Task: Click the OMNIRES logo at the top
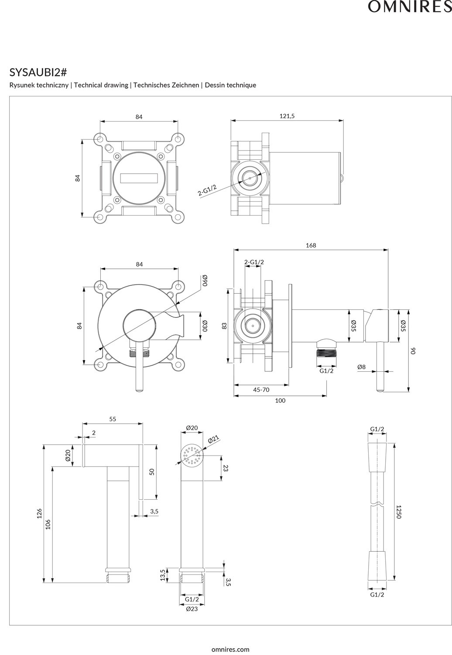click(410, 7)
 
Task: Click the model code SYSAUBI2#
click(38, 72)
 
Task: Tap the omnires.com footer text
click(230, 649)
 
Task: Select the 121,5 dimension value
click(287, 116)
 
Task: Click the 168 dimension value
click(311, 245)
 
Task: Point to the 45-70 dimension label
click(261, 390)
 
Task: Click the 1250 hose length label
click(398, 511)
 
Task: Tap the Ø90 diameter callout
click(204, 281)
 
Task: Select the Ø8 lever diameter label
click(361, 367)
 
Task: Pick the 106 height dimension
click(48, 525)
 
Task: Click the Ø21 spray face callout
click(213, 439)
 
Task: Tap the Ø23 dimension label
click(192, 608)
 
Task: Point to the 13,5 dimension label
click(163, 575)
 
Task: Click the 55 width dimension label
click(113, 419)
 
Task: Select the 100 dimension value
click(280, 400)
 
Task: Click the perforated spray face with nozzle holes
click(192, 456)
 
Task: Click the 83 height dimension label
click(224, 326)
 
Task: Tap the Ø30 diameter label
click(204, 325)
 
